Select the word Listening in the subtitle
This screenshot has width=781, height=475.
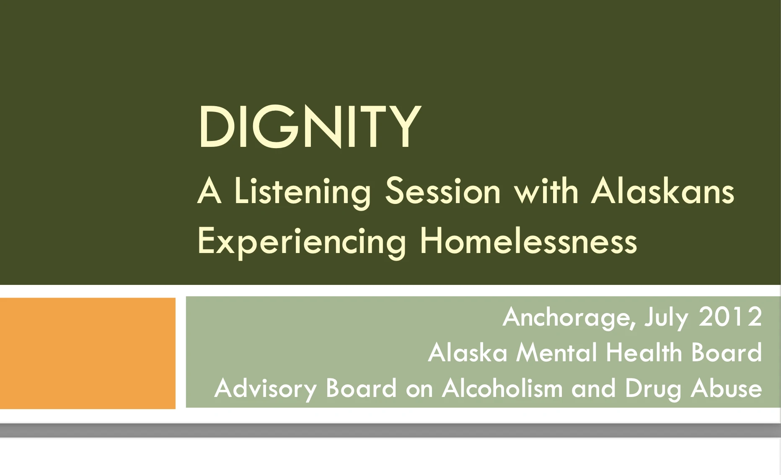(x=303, y=191)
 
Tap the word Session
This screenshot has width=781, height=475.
(x=443, y=191)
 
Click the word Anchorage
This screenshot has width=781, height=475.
(x=569, y=317)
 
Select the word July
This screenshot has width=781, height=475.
(x=666, y=318)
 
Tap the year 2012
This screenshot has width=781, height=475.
(x=730, y=317)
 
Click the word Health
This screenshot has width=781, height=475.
(x=644, y=352)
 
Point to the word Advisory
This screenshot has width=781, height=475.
(x=265, y=389)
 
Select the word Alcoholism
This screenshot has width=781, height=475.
(x=502, y=388)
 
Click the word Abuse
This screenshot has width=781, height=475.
(x=726, y=388)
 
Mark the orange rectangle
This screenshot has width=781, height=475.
(x=88, y=353)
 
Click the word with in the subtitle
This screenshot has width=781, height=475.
(x=546, y=191)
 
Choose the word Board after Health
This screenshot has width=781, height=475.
(x=726, y=352)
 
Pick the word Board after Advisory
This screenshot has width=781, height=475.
(x=361, y=388)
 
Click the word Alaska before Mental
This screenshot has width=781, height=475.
(x=468, y=352)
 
